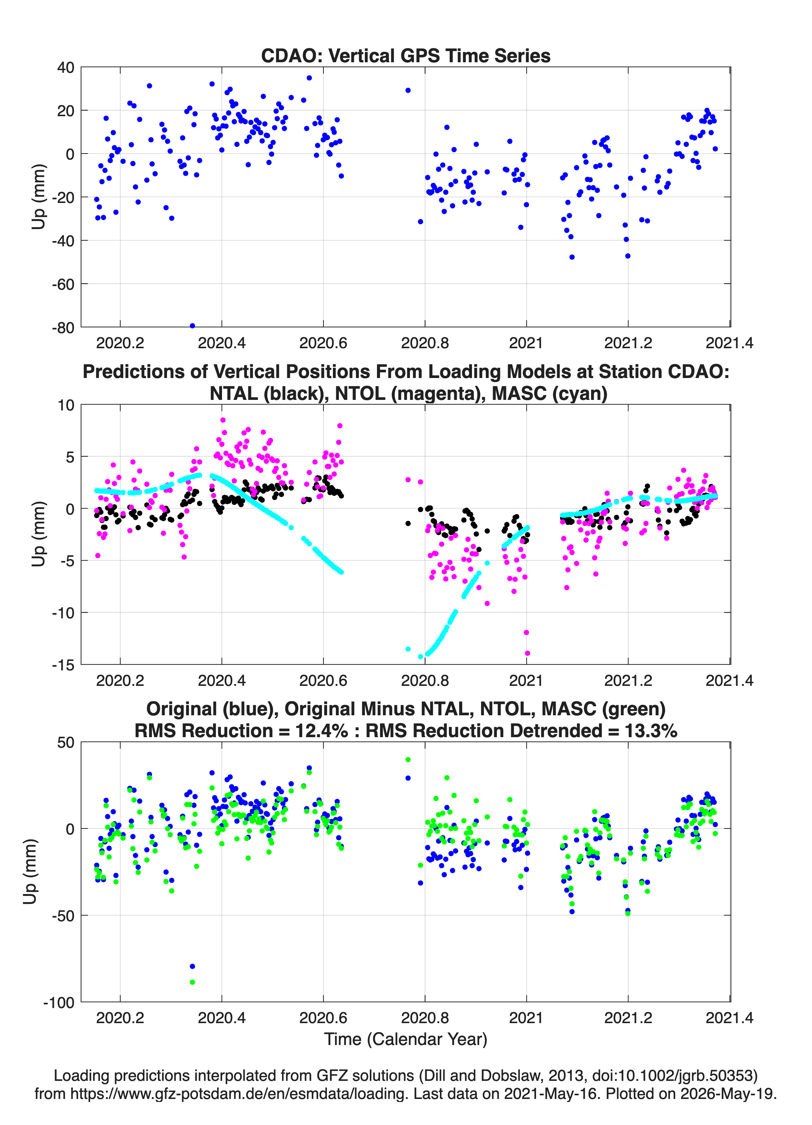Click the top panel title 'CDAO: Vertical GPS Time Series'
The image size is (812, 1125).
pyautogui.click(x=406, y=55)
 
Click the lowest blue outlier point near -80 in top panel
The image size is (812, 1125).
pyautogui.click(x=192, y=326)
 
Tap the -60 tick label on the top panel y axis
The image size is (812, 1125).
pyautogui.click(x=63, y=284)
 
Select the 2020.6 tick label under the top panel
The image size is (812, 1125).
pyautogui.click(x=323, y=343)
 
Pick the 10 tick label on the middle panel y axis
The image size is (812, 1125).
pyautogui.click(x=66, y=405)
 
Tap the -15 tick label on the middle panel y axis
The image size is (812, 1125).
pyautogui.click(x=63, y=665)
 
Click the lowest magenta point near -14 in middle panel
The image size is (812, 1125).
pyautogui.click(x=527, y=653)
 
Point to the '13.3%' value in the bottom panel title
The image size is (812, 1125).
pyautogui.click(x=650, y=731)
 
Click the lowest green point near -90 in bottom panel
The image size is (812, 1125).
pyautogui.click(x=192, y=982)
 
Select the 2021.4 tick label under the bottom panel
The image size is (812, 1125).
pyautogui.click(x=729, y=1017)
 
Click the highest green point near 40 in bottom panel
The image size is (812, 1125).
pyautogui.click(x=408, y=759)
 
